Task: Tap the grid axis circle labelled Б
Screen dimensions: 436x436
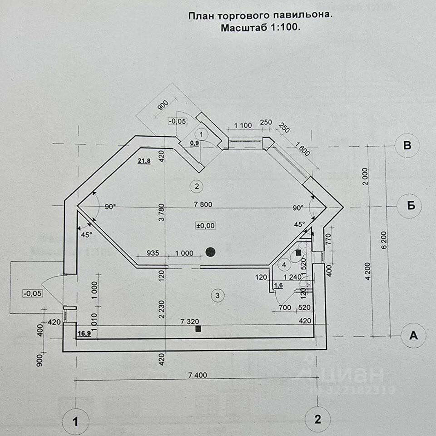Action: tap(411, 206)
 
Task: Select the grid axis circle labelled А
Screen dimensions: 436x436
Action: tap(413, 336)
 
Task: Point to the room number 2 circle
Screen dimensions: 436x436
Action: tap(196, 186)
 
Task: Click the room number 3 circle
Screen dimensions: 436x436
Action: tap(218, 296)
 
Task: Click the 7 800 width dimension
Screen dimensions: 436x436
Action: tap(203, 204)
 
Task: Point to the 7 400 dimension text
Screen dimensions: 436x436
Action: tap(197, 375)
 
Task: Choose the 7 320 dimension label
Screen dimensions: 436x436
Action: tap(189, 321)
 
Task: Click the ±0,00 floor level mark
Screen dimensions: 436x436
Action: tap(206, 225)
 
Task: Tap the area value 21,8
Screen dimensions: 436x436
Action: tap(144, 160)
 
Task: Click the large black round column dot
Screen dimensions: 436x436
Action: tap(210, 252)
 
